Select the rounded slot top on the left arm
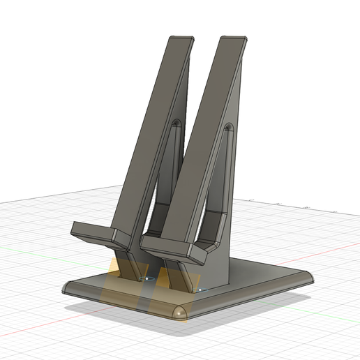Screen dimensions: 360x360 (x=176, y=123)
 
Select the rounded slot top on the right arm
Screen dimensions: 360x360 (x=228, y=128)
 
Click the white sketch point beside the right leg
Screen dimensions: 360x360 (x=200, y=287)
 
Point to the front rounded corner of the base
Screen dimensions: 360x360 (x=180, y=312)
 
